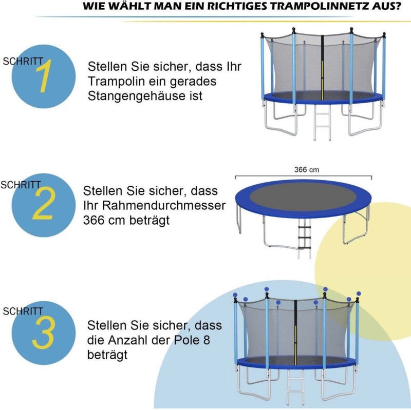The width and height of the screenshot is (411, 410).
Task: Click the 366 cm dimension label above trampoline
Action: (304, 169)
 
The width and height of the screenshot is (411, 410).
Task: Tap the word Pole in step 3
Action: (191, 340)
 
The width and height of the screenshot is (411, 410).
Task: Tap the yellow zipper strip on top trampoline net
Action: (323, 77)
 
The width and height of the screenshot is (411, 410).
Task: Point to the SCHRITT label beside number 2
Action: (21, 185)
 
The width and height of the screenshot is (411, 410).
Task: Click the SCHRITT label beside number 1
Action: (23, 61)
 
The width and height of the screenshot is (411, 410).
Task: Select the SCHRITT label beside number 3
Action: (23, 311)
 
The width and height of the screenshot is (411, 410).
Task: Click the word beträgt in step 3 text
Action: (107, 355)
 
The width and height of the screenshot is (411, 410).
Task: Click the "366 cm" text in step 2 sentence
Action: (103, 220)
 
